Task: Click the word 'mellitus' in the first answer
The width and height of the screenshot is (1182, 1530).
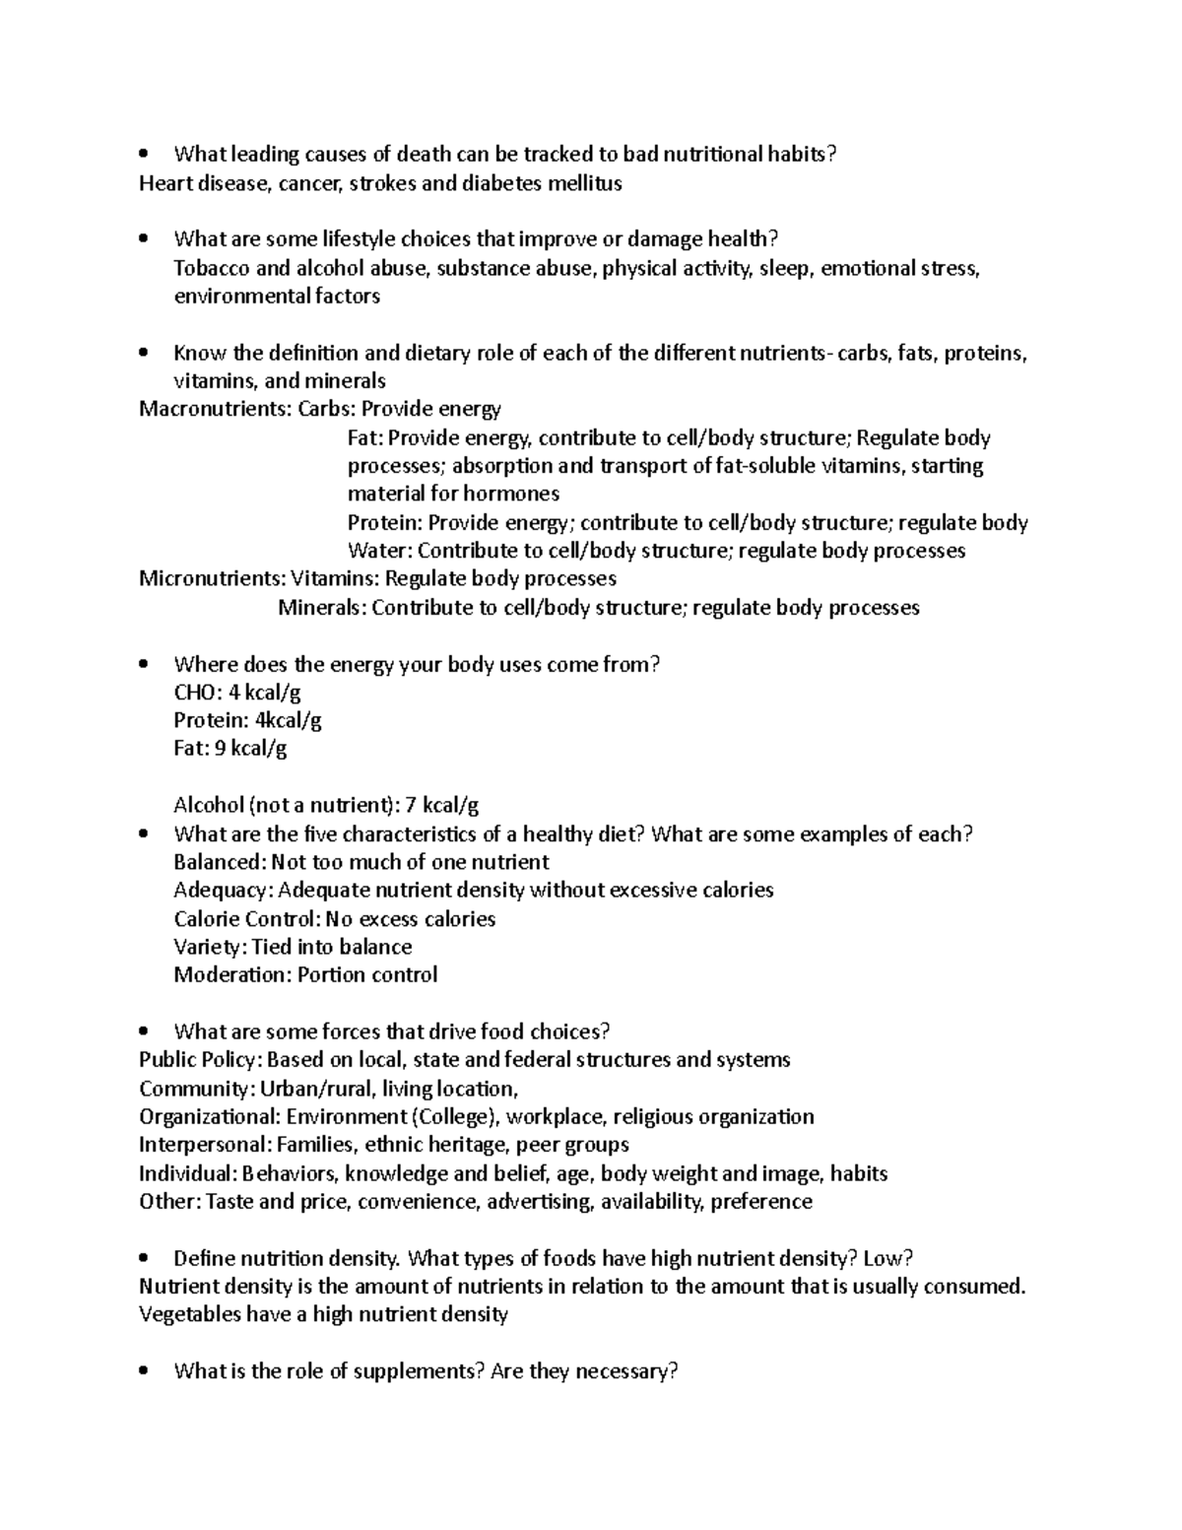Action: tap(585, 182)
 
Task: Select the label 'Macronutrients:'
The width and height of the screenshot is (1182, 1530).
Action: tap(216, 408)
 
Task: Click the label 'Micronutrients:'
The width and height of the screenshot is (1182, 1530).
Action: tap(213, 577)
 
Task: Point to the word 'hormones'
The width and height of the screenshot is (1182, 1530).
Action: tap(510, 493)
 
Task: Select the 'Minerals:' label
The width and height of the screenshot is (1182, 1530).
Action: tap(322, 607)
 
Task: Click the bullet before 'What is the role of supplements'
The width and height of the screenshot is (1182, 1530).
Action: tap(145, 1370)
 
